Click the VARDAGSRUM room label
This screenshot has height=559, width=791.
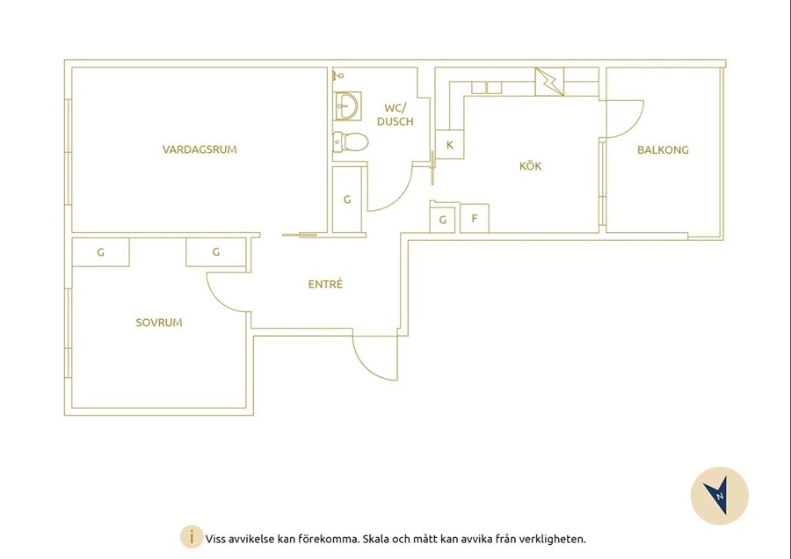(x=200, y=149)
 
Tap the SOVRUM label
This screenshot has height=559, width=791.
(x=159, y=323)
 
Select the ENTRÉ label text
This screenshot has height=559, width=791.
(x=325, y=284)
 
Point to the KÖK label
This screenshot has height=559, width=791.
(x=531, y=165)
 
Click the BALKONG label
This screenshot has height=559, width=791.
(x=663, y=149)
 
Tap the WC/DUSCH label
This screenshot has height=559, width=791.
(x=395, y=114)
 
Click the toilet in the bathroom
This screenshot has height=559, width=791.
(x=350, y=142)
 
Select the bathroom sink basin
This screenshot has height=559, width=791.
(x=347, y=106)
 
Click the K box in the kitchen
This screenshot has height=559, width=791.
(x=449, y=145)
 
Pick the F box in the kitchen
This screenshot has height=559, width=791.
(x=475, y=219)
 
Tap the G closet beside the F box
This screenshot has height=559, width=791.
(x=442, y=220)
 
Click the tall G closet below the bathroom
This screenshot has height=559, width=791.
(x=347, y=200)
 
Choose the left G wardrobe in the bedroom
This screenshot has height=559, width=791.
(x=101, y=252)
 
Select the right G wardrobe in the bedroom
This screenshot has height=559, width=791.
(x=216, y=251)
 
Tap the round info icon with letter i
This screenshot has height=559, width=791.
(x=192, y=537)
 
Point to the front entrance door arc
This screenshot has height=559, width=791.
(x=371, y=364)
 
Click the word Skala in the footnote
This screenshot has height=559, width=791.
(x=375, y=539)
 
